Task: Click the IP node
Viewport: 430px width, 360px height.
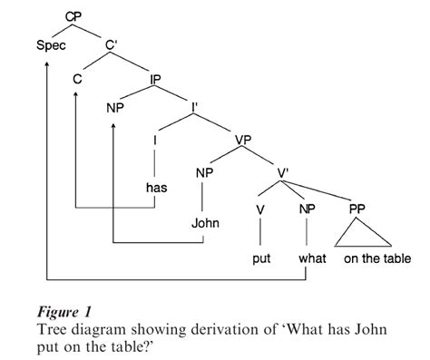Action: (x=157, y=80)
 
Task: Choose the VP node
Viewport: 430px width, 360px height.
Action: (x=243, y=141)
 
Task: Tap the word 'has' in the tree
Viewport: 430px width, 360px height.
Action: (x=157, y=188)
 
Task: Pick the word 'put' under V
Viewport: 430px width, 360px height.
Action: (x=261, y=259)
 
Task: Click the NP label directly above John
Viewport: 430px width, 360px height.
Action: (x=205, y=172)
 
